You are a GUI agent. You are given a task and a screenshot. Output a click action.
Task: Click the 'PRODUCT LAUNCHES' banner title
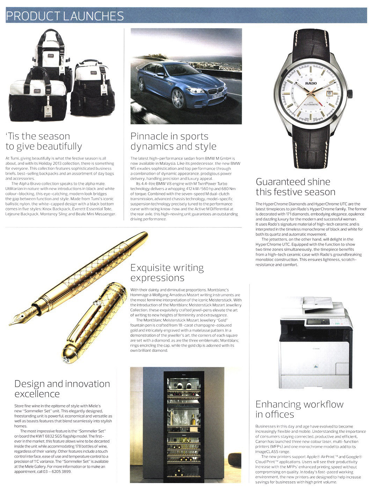65,16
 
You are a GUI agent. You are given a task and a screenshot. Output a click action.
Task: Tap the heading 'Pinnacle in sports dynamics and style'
173,141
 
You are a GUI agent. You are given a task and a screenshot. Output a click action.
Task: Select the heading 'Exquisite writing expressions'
167,273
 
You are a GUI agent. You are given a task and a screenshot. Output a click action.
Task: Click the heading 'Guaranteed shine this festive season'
295,187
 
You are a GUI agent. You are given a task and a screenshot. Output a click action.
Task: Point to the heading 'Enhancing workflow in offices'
299,409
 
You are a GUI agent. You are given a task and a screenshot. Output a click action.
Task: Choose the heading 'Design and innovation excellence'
62,388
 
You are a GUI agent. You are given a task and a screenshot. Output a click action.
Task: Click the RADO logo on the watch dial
311,83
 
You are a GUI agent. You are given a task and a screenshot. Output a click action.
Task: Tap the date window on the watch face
329,93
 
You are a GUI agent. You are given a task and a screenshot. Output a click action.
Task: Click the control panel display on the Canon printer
318,321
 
